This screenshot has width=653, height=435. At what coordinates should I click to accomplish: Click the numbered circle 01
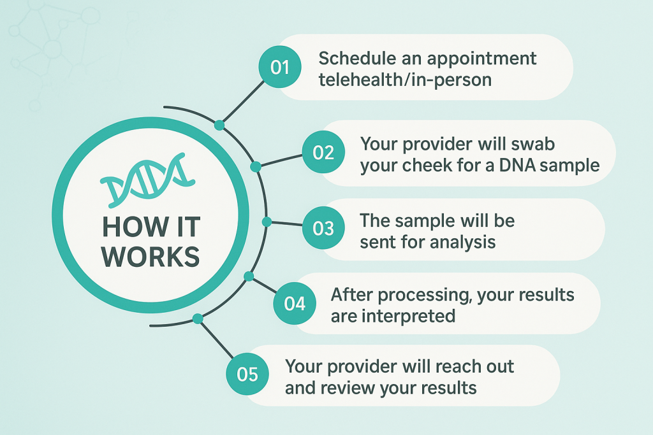(x=280, y=68)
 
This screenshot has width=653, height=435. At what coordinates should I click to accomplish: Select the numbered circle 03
(x=323, y=227)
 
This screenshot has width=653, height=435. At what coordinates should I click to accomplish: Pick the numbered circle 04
(x=295, y=304)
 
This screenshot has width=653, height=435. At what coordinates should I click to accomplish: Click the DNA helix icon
(x=148, y=180)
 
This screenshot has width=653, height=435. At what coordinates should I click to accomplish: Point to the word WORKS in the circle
(x=150, y=256)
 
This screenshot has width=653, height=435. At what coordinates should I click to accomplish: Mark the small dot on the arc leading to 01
(x=219, y=125)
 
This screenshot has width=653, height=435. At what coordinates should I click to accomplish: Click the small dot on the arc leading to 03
(x=267, y=222)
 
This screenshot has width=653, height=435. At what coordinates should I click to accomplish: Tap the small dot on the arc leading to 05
(x=198, y=318)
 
